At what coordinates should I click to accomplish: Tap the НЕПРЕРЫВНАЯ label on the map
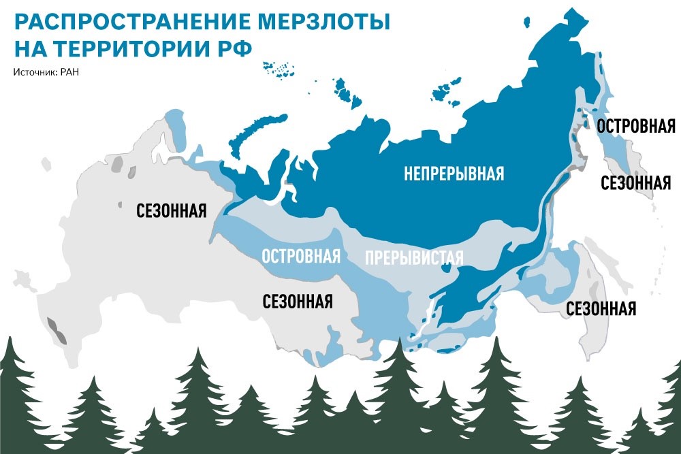[454, 174]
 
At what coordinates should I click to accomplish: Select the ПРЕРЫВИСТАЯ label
[414, 258]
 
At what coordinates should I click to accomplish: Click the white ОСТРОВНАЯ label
[300, 257]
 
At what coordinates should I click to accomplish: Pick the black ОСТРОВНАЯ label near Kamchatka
[635, 126]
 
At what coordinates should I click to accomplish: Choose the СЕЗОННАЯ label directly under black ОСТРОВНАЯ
[637, 182]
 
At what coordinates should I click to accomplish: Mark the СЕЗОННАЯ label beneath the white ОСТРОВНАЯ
[298, 300]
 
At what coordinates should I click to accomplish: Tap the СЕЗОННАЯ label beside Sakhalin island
[601, 308]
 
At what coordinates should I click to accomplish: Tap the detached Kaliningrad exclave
[46, 164]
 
